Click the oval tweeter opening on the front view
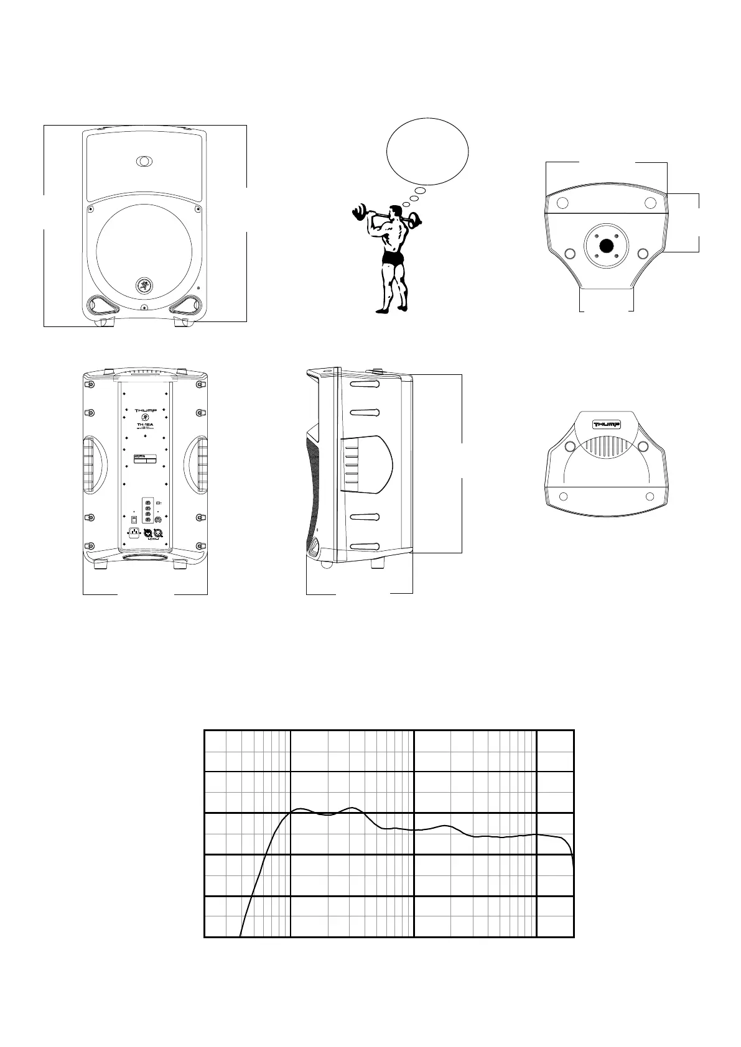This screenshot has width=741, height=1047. [144, 161]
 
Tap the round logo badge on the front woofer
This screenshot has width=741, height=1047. [144, 286]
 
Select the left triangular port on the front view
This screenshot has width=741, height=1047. [100, 305]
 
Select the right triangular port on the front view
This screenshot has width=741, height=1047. [187, 305]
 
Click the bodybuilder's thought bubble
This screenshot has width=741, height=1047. [427, 151]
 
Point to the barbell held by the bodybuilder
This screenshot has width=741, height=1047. [386, 216]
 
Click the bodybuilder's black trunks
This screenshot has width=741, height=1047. [393, 258]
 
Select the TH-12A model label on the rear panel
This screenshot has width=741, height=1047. [145, 426]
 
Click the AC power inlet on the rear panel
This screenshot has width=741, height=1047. [133, 532]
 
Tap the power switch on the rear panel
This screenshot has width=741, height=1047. [134, 518]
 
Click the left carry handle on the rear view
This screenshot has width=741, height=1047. [91, 463]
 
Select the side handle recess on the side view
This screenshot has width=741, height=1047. [366, 464]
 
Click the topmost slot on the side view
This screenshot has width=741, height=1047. [365, 384]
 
